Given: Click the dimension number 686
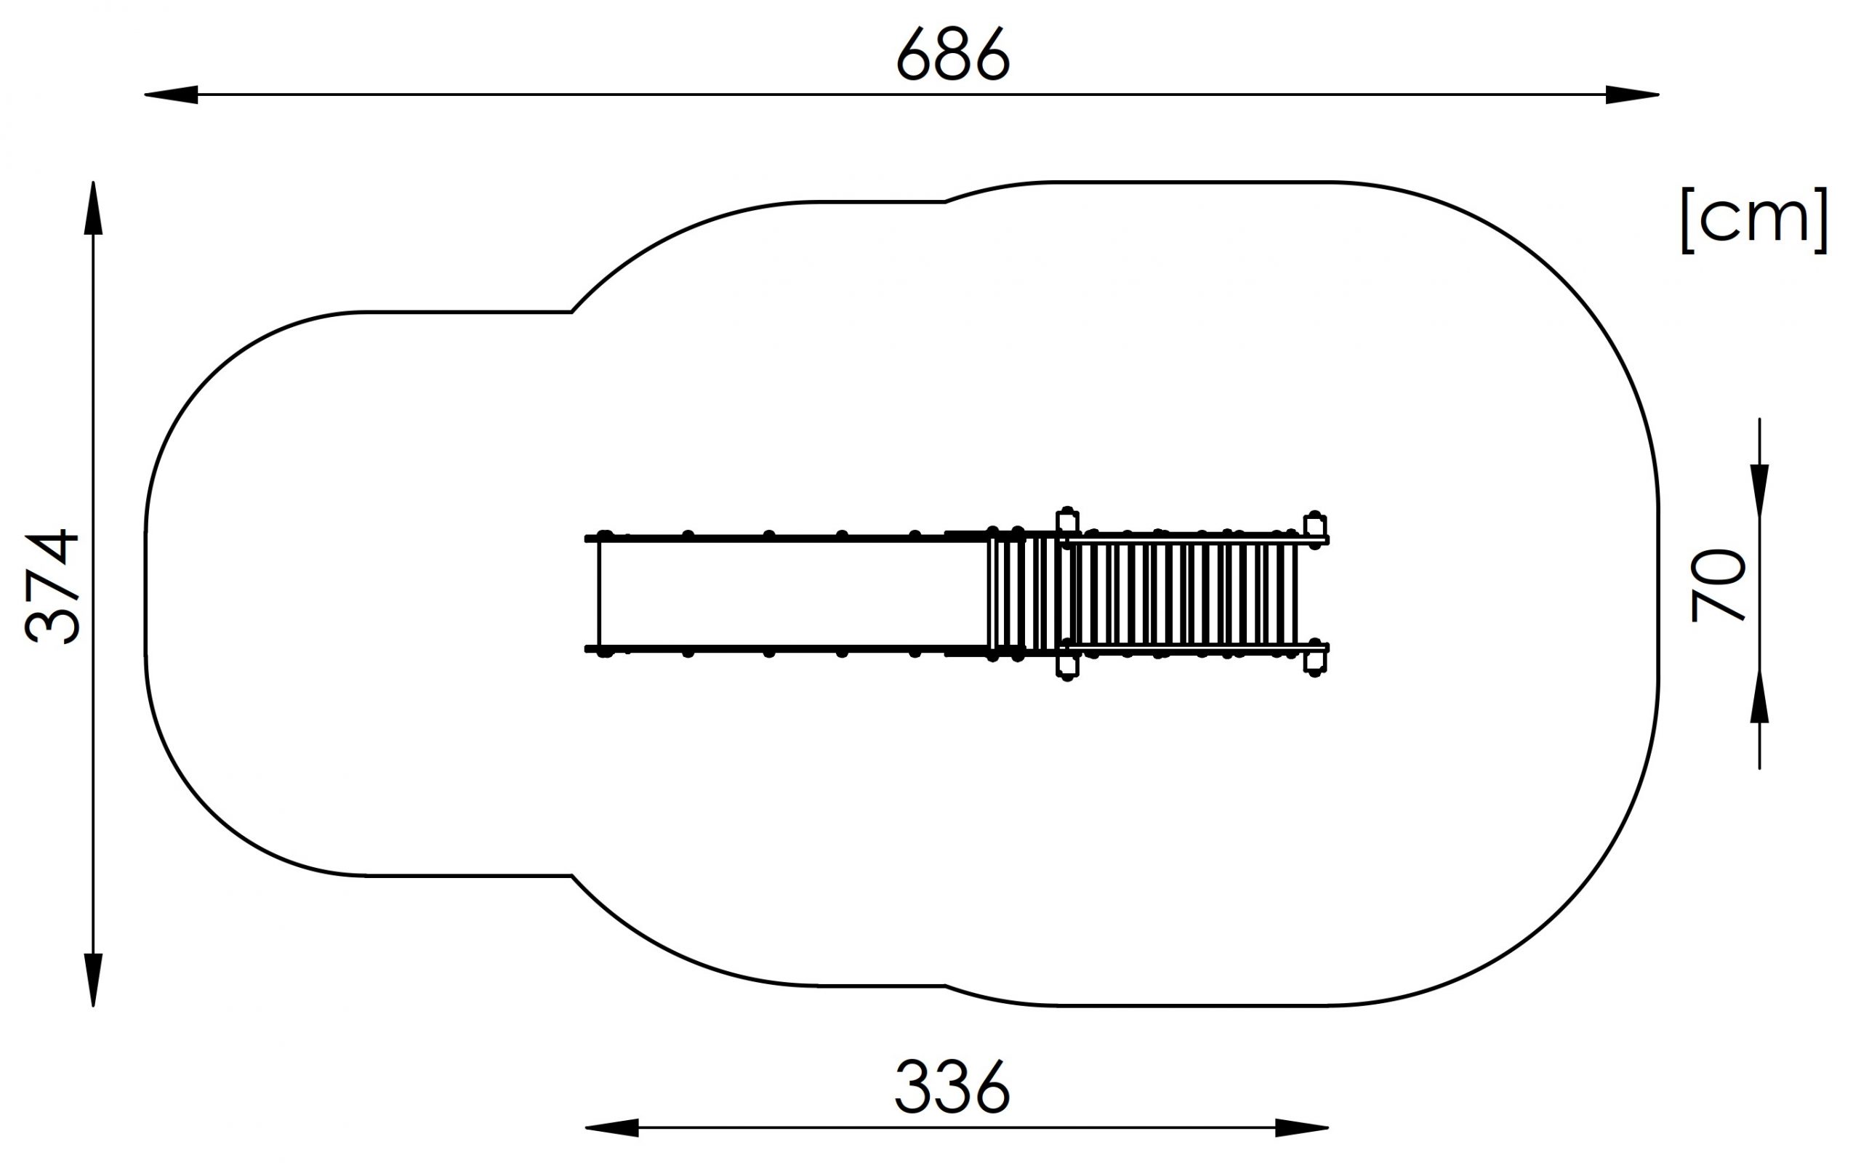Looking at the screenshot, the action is click(x=953, y=55).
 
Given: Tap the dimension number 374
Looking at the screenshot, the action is click(x=52, y=586).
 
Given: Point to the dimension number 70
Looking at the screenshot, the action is click(x=1718, y=584).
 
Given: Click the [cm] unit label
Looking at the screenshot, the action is click(x=1754, y=220).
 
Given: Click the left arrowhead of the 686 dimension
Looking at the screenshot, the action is click(x=171, y=94).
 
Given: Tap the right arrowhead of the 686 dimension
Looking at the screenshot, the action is click(x=1633, y=94).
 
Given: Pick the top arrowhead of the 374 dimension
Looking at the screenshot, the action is click(x=93, y=208).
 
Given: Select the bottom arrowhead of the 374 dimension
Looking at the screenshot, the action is click(x=93, y=980).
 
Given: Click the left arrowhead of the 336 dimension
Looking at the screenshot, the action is click(x=611, y=1128).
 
